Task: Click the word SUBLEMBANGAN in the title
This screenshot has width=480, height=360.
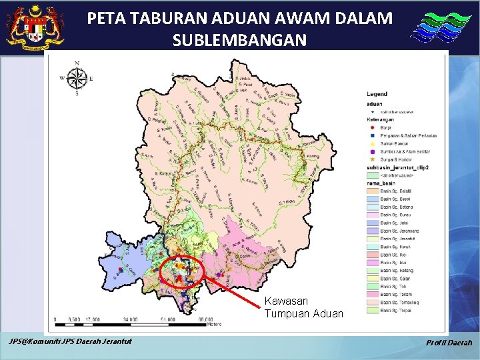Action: tap(239, 41)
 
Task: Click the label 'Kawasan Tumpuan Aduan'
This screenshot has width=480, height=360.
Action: tap(303, 307)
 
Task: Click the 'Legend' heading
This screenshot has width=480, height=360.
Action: tap(377, 94)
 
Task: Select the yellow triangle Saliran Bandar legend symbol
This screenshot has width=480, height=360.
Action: tap(372, 143)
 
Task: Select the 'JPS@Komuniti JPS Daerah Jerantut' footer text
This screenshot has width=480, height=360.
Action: tap(70, 342)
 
